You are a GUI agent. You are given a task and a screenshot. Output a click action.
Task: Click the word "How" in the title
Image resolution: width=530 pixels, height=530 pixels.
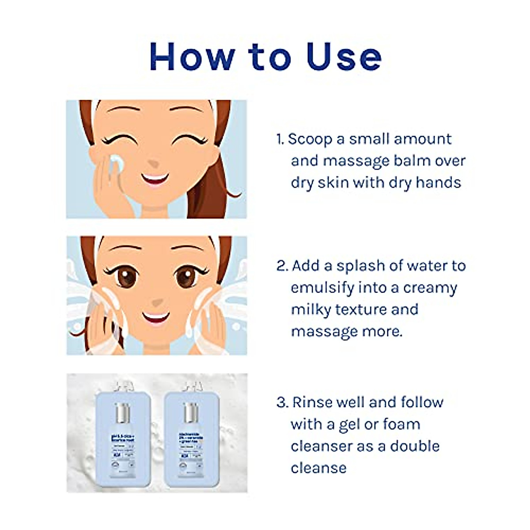click(192, 57)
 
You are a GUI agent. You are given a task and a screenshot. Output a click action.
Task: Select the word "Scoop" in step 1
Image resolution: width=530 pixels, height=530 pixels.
click(310, 139)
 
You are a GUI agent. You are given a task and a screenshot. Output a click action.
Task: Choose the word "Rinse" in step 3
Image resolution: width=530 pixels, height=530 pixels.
click(312, 402)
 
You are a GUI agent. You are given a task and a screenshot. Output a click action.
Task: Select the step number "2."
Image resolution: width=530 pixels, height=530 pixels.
click(282, 266)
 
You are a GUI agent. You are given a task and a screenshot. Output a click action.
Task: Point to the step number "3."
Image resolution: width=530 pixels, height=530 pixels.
click(282, 402)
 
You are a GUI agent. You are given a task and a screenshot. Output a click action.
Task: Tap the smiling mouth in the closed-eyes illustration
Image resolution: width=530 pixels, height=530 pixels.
click(155, 180)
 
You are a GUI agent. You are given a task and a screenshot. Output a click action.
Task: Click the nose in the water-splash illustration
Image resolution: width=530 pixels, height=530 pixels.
click(155, 303)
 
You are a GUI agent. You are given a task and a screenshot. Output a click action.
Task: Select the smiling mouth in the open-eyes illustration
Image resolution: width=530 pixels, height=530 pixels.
click(155, 318)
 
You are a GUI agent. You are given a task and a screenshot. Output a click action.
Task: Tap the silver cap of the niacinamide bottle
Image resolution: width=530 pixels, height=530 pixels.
click(190, 413)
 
